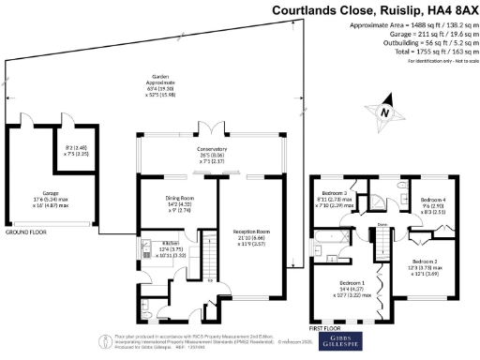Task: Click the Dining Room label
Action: pos(180,200)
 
